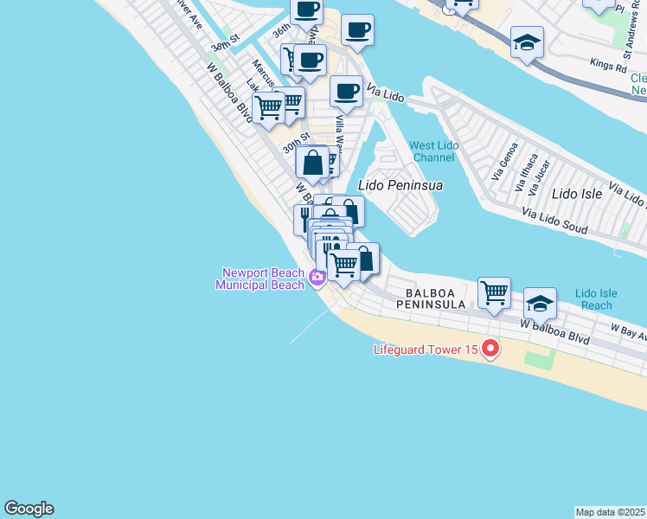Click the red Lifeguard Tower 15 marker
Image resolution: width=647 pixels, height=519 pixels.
pos(490,349)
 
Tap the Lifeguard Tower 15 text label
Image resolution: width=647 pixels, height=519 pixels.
pos(424,350)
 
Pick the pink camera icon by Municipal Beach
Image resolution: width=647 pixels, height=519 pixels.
pos(316,278)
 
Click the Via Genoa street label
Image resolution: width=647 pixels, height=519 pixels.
pos(504,160)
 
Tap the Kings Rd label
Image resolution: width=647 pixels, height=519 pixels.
pos(607,64)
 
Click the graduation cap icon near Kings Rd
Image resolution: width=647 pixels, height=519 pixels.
pos(527,42)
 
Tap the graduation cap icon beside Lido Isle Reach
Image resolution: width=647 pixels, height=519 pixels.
pos(540,303)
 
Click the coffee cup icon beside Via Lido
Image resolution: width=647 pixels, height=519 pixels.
pos(346,90)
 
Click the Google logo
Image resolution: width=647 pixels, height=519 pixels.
pos(29,509)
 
